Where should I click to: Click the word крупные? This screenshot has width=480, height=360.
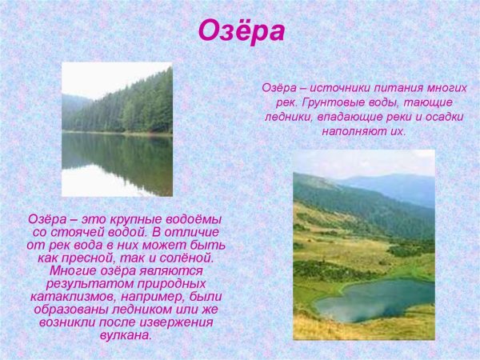pos(133,219)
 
